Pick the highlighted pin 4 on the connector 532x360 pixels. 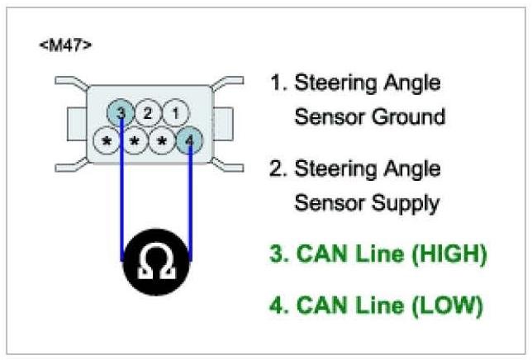(x=191, y=140)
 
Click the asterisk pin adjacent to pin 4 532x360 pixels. (x=163, y=141)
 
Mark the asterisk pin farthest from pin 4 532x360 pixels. (x=107, y=141)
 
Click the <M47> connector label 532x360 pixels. (x=65, y=44)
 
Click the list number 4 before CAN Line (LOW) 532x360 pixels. (x=278, y=306)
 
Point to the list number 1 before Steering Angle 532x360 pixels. (x=277, y=83)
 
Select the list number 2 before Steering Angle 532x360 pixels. (x=278, y=169)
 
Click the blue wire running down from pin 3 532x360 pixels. (x=123, y=190)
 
